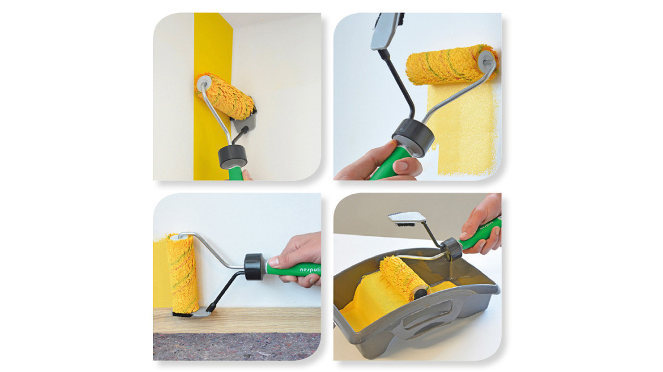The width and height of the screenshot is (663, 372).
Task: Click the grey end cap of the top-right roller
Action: (487, 59)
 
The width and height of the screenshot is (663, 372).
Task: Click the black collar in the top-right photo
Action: (413, 134)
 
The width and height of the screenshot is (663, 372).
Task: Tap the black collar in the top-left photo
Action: (232, 156)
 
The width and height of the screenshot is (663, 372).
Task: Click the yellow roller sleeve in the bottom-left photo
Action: (182, 273)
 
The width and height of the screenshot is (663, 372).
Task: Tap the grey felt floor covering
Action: (237, 346)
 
